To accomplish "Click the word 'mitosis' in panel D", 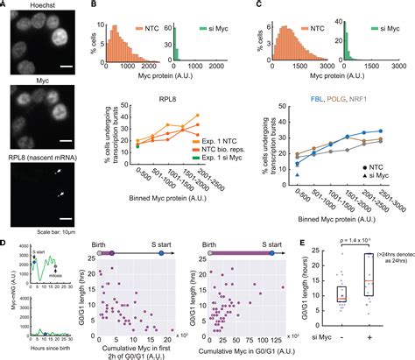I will [x=44, y=279].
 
